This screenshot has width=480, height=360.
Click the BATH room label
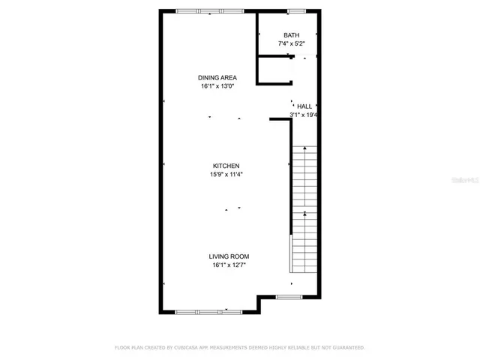click(290, 35)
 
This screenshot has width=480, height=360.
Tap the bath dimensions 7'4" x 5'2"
click(290, 43)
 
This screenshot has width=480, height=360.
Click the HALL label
click(304, 106)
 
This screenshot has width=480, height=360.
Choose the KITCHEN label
click(226, 166)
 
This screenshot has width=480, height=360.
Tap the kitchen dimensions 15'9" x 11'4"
click(226, 174)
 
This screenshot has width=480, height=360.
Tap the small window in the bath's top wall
click(296, 10)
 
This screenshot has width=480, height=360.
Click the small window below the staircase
click(287, 297)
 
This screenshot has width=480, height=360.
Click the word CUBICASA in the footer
click(188, 348)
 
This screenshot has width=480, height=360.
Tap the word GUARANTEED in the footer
click(348, 348)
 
